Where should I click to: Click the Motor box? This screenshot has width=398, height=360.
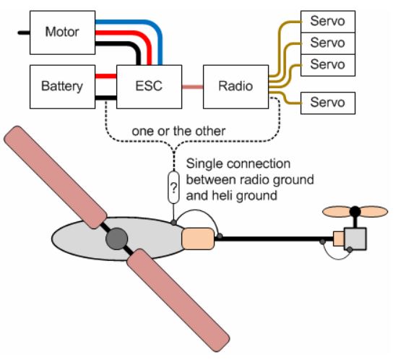pyautogui.click(x=62, y=33)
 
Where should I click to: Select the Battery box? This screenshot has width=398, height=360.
pyautogui.click(x=62, y=87)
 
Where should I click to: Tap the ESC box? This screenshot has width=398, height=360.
pyautogui.click(x=150, y=87)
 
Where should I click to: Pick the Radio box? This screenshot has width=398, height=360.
pyautogui.click(x=235, y=87)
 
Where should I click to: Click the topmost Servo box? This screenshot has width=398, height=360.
pyautogui.click(x=328, y=22)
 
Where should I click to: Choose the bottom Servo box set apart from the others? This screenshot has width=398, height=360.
pyautogui.click(x=328, y=103)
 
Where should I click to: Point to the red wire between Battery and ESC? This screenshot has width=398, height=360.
pyautogui.click(x=106, y=76)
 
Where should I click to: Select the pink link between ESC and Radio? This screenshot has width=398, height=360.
pyautogui.click(x=193, y=87)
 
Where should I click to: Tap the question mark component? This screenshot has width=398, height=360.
pyautogui.click(x=173, y=187)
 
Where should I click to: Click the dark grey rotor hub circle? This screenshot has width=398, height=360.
pyautogui.click(x=117, y=239)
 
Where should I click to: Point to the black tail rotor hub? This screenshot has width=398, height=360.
pyautogui.click(x=355, y=211)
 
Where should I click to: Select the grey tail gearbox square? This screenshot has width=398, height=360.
pyautogui.click(x=355, y=239)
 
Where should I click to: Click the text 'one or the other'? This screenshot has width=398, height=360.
pyautogui.click(x=178, y=131)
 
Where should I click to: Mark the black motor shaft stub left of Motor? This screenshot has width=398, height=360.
pyautogui.click(x=24, y=33)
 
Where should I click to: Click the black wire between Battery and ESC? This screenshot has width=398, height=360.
pyautogui.click(x=106, y=98)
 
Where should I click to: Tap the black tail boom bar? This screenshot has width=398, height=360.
pyautogui.click(x=274, y=239)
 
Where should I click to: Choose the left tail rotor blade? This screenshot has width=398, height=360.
pyautogui.click(x=337, y=212)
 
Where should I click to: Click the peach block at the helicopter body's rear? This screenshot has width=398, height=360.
pyautogui.click(x=198, y=239)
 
